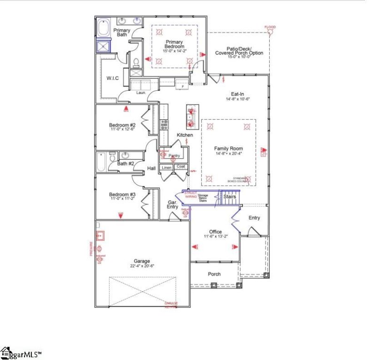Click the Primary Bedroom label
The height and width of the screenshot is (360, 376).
tap(174, 44)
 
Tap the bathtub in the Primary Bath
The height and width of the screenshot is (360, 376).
tap(103, 28)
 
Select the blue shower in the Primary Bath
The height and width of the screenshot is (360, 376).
tap(103, 46)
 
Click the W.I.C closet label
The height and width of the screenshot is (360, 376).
tap(112, 78)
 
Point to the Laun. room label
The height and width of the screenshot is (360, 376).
tap(141, 93)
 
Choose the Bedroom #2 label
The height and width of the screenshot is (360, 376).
tap(122, 125)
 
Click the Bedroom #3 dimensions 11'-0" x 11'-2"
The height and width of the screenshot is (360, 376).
tap(122, 199)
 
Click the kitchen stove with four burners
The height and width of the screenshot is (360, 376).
tap(164, 125)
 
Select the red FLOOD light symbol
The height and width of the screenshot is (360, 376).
tap(270, 32)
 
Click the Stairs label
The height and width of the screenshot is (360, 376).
tap(229, 196)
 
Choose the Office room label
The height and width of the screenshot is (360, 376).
tap(216, 232)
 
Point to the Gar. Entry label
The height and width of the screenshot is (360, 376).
tap(172, 205)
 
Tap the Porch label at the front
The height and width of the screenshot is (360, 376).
tap(214, 274)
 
